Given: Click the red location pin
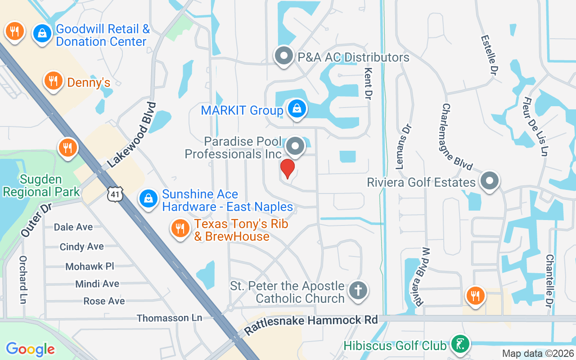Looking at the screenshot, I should [x=287, y=169].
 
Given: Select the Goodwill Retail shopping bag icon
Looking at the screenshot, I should [x=42, y=34].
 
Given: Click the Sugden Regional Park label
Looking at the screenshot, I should [x=41, y=185].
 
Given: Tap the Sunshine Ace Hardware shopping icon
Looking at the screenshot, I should [x=148, y=198].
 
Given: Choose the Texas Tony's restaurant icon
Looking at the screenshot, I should [x=180, y=229].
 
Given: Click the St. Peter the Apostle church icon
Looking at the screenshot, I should [x=358, y=290].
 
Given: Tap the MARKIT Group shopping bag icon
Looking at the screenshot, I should [x=297, y=109].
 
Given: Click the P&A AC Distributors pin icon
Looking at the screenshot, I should [x=284, y=56].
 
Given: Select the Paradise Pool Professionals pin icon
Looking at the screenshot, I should [x=296, y=146].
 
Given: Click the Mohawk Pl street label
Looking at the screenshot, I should [x=90, y=266].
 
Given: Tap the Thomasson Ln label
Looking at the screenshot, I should [x=169, y=318].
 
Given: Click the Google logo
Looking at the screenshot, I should [x=31, y=349].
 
